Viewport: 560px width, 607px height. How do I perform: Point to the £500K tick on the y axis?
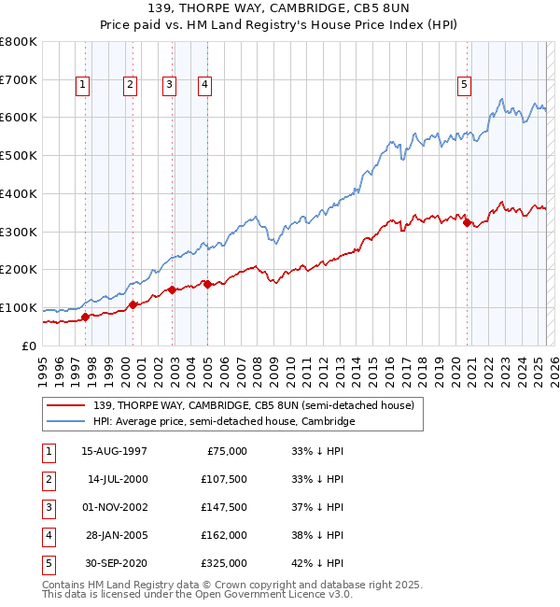[19, 155]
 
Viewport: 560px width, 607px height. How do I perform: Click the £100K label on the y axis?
[19, 307]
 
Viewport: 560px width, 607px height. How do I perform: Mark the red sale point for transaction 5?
[468, 221]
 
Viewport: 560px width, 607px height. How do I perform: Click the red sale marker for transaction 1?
[86, 317]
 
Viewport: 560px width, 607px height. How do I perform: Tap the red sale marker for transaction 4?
[208, 284]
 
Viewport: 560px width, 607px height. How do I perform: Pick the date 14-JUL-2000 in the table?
[117, 479]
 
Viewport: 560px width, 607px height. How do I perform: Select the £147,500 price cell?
[225, 507]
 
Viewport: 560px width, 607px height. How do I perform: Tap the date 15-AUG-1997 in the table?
[114, 451]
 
